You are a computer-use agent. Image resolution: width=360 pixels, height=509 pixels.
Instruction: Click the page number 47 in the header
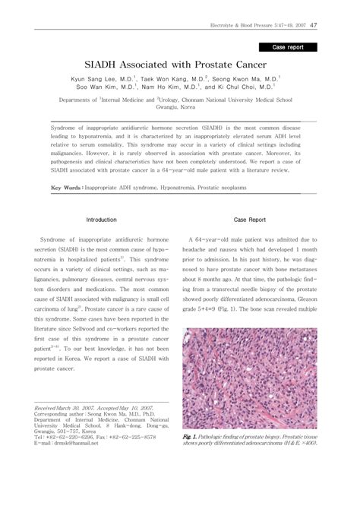(335, 25)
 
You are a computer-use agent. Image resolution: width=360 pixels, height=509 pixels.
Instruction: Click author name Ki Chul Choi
(248, 88)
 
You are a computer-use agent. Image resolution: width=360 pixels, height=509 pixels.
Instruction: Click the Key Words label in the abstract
(66, 187)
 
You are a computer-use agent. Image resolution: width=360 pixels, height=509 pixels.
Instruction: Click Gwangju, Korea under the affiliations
(180, 109)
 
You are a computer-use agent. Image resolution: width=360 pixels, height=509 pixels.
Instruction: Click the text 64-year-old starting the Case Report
(211, 238)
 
